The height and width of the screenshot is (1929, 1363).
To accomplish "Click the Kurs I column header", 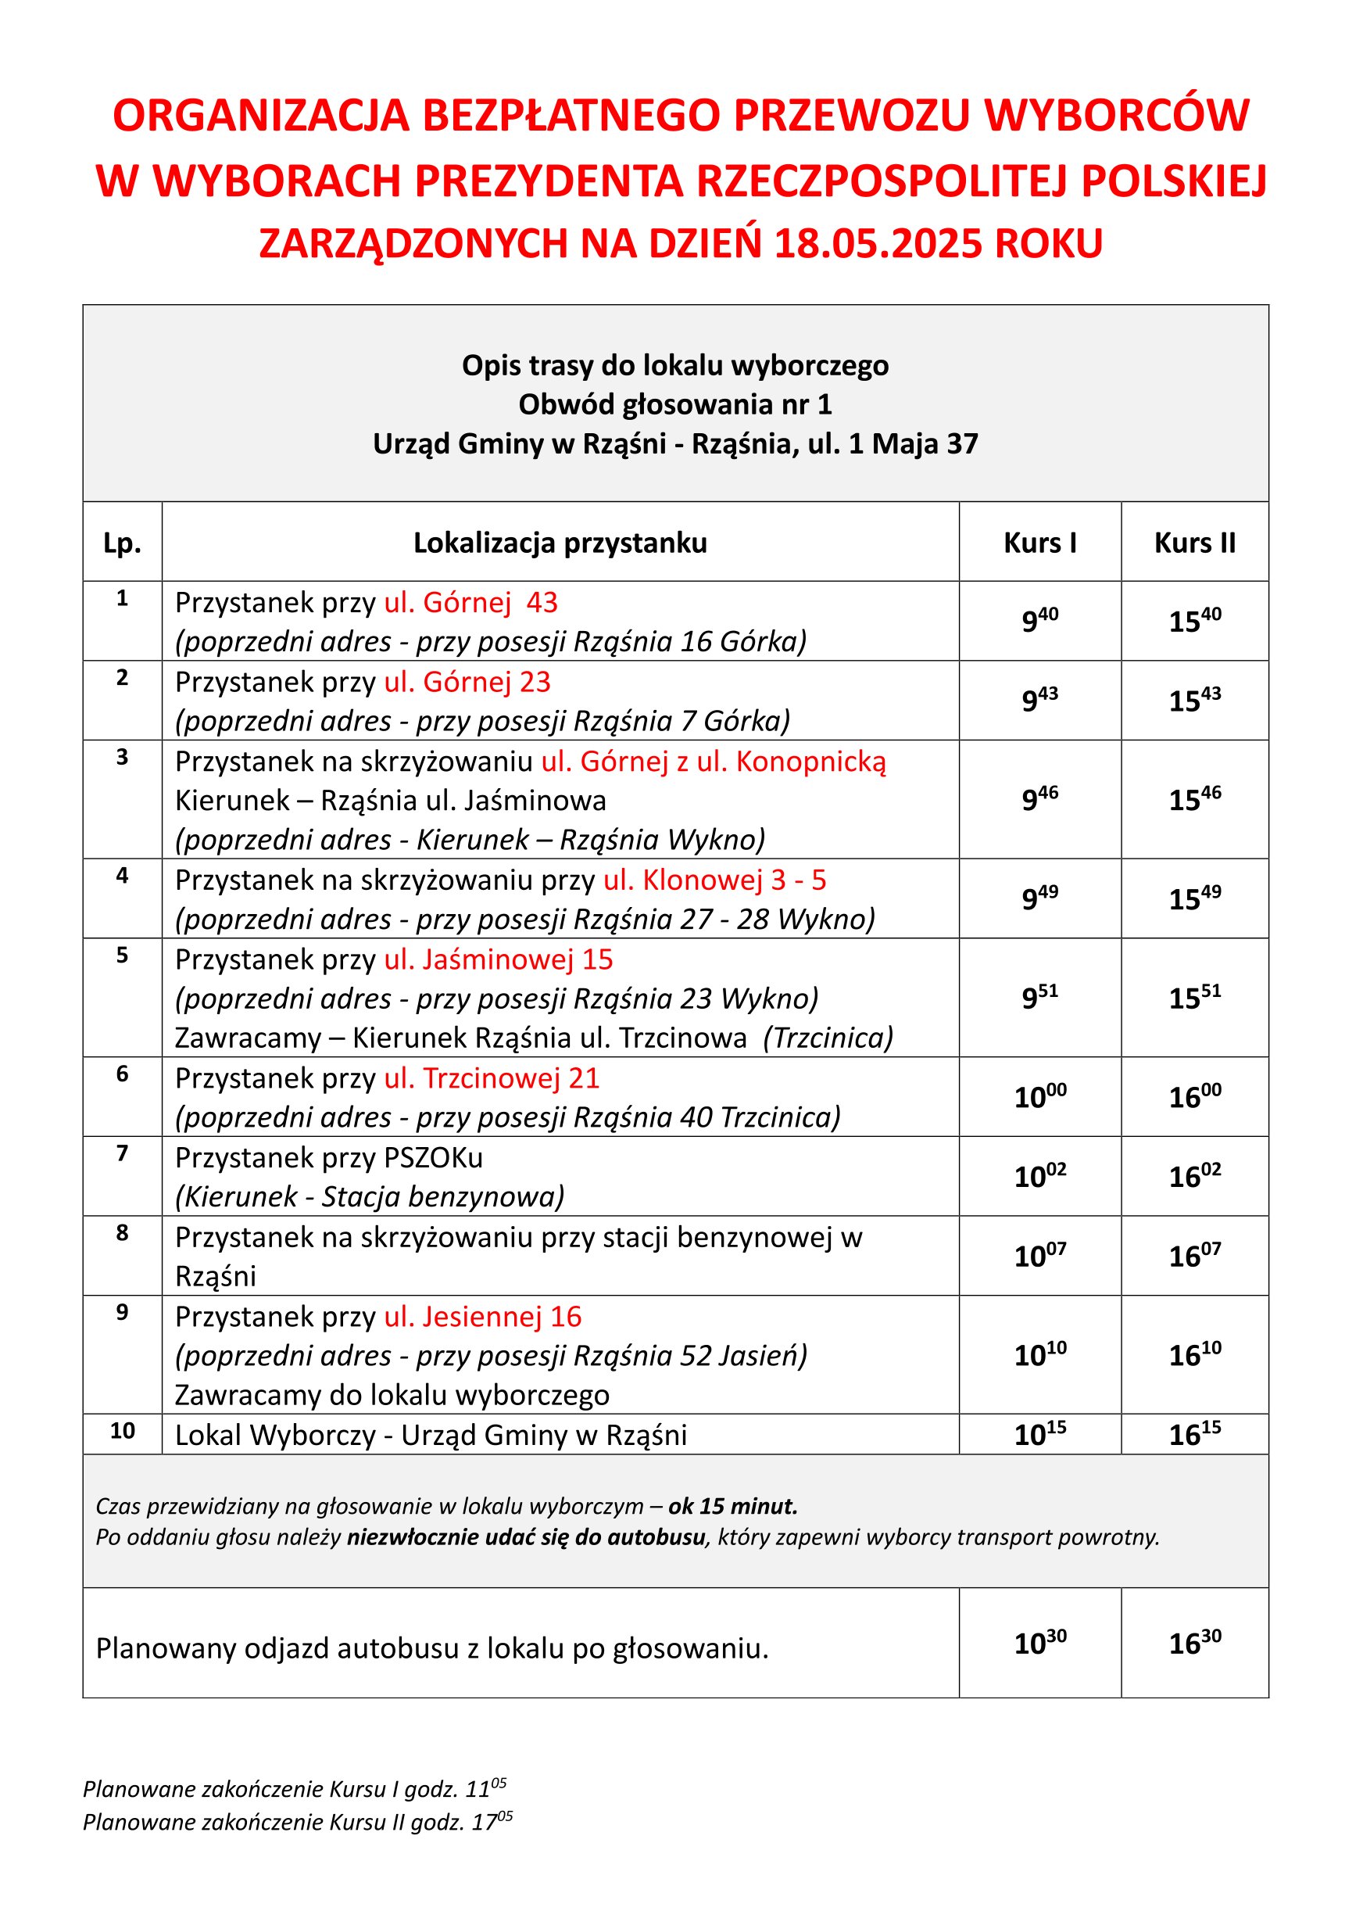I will tap(1039, 543).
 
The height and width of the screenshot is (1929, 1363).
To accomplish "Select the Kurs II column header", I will tap(1194, 543).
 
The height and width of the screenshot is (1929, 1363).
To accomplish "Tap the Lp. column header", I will tap(122, 543).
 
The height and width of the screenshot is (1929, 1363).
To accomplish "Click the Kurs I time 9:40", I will tap(1039, 621).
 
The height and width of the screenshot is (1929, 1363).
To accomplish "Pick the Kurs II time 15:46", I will tap(1194, 799).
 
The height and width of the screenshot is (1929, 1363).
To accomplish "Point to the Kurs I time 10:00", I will tap(1039, 1096).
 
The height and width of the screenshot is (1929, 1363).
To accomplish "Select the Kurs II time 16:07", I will tap(1194, 1255).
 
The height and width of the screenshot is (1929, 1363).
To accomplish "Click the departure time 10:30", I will tap(1039, 1643).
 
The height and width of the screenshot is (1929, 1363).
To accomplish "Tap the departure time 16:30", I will tap(1194, 1643).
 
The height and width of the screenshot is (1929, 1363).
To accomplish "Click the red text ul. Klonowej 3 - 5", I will tap(714, 880).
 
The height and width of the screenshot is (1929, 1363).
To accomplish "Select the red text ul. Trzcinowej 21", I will tap(492, 1078).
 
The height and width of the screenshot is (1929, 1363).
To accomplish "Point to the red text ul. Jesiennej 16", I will tap(482, 1317).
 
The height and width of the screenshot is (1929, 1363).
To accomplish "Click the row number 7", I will tap(122, 1153).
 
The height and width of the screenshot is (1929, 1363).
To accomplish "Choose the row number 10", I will tap(122, 1431).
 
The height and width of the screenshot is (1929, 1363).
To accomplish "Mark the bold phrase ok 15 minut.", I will tap(732, 1505).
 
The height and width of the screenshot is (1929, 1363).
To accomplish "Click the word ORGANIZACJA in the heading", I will tap(261, 115).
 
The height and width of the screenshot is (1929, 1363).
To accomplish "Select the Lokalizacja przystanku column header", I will tap(560, 543).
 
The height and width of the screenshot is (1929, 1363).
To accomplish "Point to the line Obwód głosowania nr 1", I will tap(675, 404).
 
